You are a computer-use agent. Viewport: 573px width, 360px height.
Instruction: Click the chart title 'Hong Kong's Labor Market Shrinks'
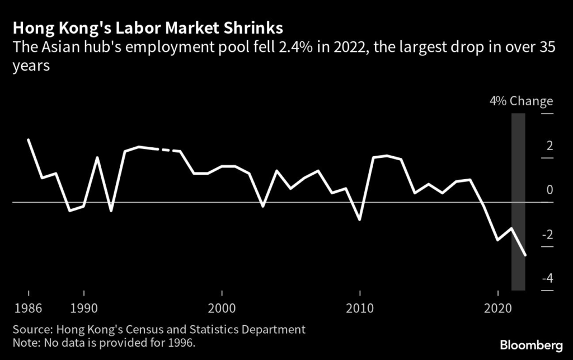click(x=148, y=28)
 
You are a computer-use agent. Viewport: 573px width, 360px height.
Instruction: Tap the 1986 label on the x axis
click(x=28, y=308)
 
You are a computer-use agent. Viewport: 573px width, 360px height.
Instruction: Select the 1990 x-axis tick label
click(x=84, y=308)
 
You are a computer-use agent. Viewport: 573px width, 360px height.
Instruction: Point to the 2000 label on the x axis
click(x=222, y=308)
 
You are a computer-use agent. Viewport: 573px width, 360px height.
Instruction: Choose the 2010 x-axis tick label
click(x=360, y=308)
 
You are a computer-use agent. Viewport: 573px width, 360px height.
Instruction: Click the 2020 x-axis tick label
click(x=497, y=308)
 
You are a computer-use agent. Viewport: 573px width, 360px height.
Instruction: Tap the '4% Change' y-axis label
click(x=522, y=101)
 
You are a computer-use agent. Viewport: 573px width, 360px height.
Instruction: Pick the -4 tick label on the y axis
click(x=547, y=278)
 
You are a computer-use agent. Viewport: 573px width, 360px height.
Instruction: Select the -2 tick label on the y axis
click(x=547, y=234)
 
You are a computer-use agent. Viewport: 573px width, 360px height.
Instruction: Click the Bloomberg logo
click(x=532, y=345)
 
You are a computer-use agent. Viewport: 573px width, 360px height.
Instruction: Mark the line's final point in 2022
click(x=525, y=255)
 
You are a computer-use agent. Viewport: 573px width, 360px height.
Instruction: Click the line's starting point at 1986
click(x=28, y=139)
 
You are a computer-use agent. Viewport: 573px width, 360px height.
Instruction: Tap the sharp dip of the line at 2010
click(x=360, y=219)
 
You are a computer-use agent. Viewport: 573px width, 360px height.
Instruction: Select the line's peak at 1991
click(x=97, y=157)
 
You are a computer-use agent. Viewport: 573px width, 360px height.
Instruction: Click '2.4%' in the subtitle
click(x=295, y=48)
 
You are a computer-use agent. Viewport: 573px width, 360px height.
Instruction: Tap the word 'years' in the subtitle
click(x=31, y=66)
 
